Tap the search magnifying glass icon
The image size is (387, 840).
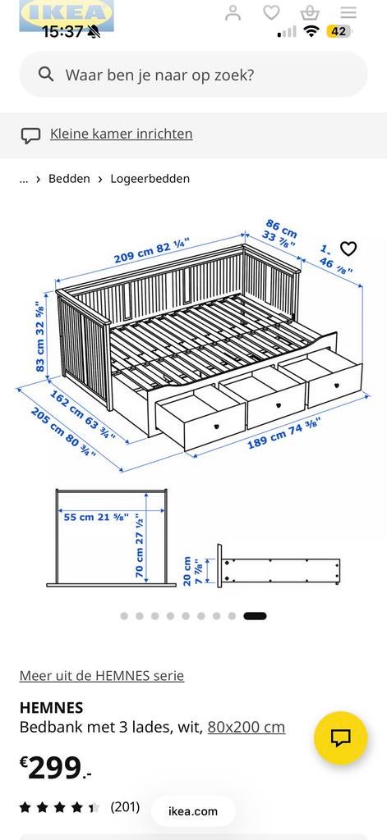click(46, 75)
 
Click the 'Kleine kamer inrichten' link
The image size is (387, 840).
click(121, 134)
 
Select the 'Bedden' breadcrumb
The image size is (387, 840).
click(69, 179)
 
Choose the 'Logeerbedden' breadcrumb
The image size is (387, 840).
click(150, 179)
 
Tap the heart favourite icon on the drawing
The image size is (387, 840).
click(348, 249)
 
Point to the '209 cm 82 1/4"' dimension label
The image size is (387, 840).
click(151, 250)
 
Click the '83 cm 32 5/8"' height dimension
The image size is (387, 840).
click(39, 336)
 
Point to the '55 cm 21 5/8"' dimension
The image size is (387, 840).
click(94, 516)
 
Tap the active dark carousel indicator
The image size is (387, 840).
click(255, 616)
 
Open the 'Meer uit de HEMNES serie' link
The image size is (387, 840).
click(102, 676)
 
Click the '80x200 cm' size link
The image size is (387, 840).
click(246, 727)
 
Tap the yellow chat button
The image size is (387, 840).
click(340, 737)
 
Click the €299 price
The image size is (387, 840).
click(55, 769)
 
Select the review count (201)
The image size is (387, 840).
click(125, 807)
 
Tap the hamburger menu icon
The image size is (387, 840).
click(348, 12)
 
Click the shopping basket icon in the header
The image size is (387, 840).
click(310, 12)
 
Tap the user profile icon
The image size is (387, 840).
click(233, 12)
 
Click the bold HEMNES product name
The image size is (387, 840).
click(51, 707)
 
